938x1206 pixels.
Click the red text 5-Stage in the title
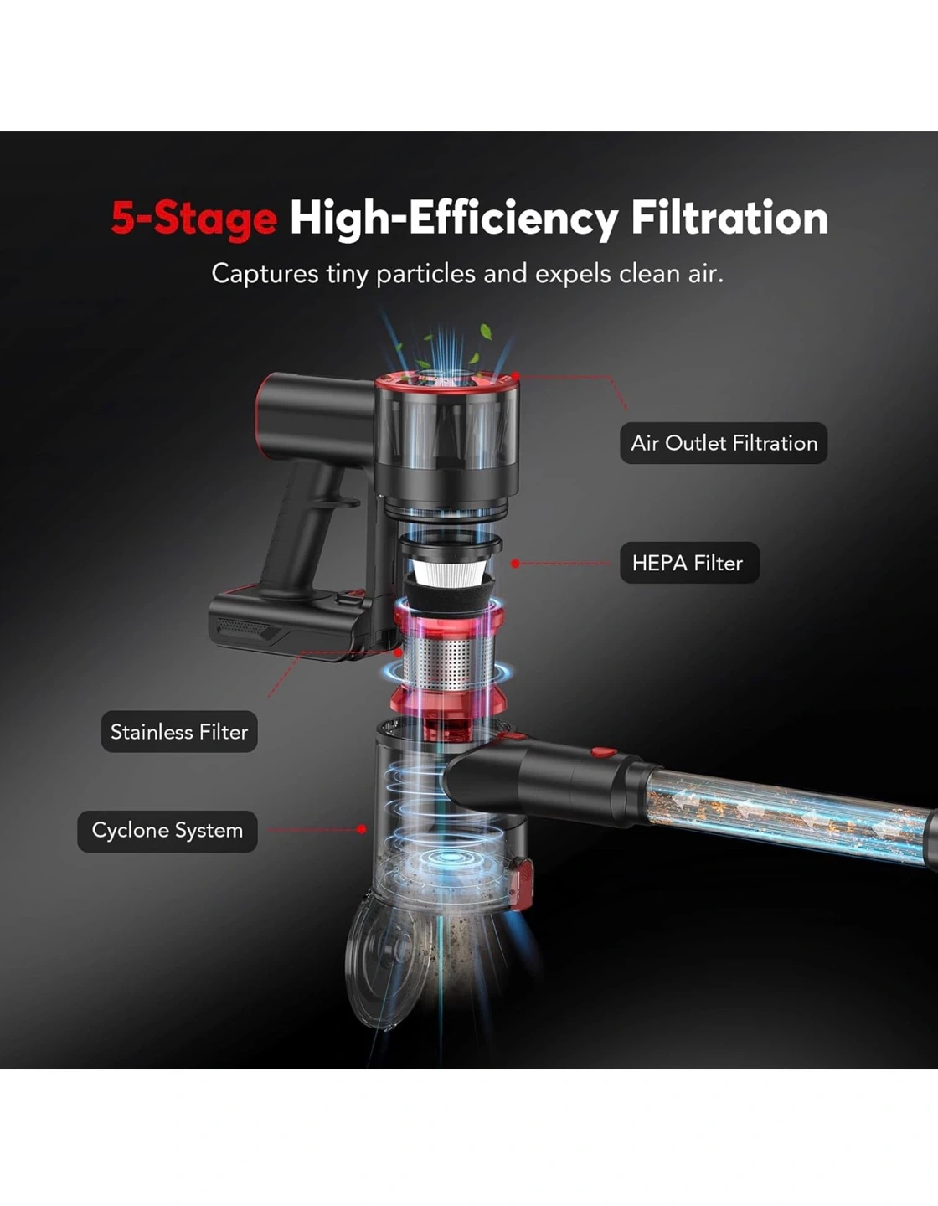point(193,219)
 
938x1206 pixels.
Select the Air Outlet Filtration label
point(724,443)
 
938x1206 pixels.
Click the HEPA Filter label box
point(689,563)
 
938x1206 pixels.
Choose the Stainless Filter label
point(179,731)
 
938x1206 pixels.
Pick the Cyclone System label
point(167,831)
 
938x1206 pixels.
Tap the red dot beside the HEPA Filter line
point(515,564)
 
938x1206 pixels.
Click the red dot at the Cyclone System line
point(362,829)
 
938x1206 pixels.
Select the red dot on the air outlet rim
point(516,376)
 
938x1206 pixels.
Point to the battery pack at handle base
point(289,625)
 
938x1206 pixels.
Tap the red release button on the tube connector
point(603,753)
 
